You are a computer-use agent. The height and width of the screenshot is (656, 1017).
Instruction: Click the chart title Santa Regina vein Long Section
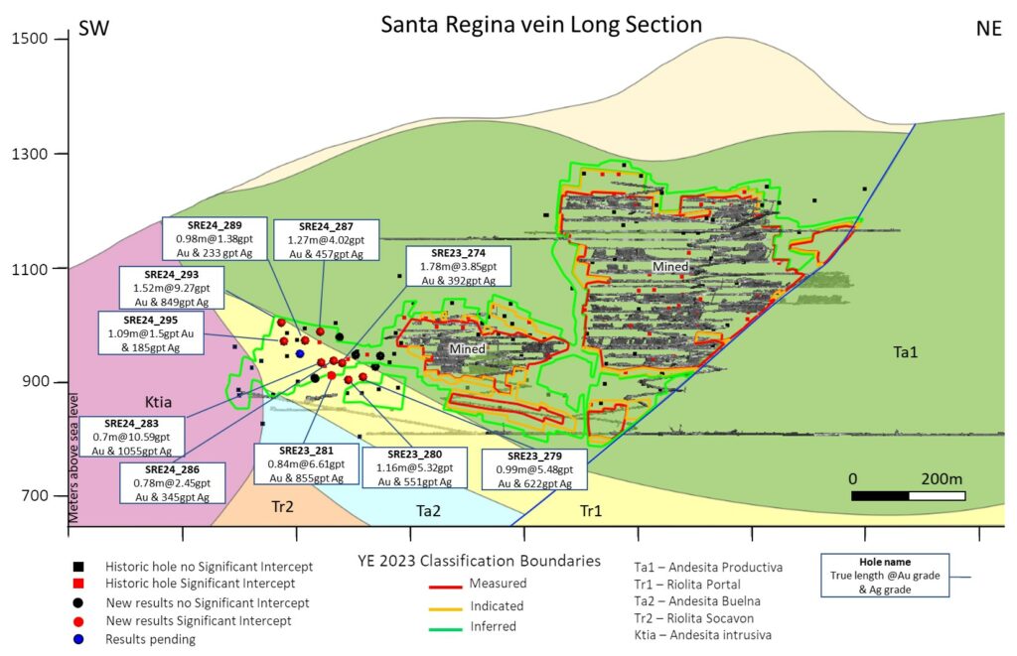[541, 25]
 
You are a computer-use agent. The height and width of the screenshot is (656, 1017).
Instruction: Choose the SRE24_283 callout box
[131, 437]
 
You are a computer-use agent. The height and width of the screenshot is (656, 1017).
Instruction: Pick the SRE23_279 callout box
[533, 470]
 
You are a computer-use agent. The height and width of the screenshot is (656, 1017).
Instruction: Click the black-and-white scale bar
[908, 494]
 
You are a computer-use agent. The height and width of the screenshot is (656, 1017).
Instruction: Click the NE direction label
[988, 28]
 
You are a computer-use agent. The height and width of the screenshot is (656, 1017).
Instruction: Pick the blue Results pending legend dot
[77, 639]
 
